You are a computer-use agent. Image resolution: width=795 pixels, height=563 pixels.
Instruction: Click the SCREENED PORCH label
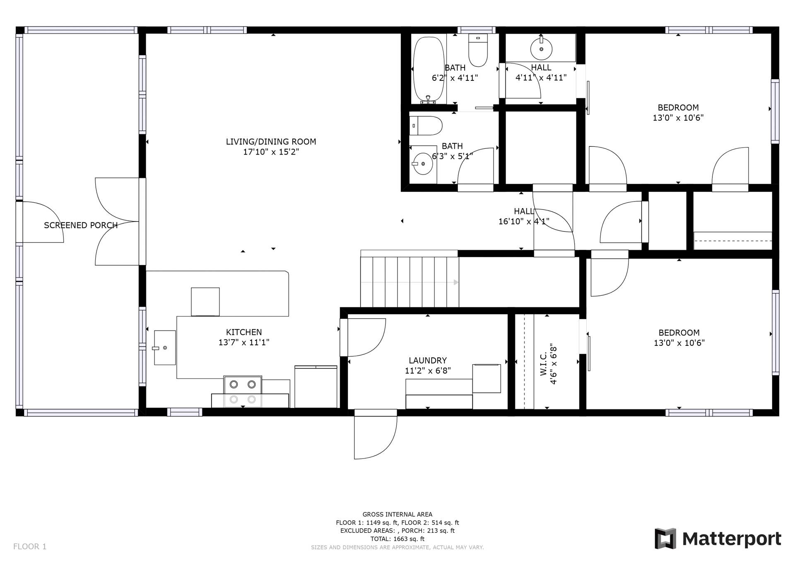[x=81, y=225]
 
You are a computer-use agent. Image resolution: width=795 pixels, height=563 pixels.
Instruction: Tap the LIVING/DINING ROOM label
[x=271, y=142]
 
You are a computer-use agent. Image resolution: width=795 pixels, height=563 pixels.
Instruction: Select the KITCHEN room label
[x=244, y=332]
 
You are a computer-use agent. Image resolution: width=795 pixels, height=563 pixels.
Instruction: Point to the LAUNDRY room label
[x=428, y=361]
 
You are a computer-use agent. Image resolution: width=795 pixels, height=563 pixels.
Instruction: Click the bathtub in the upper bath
[x=429, y=70]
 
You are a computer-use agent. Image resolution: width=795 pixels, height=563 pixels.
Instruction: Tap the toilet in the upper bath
[x=478, y=50]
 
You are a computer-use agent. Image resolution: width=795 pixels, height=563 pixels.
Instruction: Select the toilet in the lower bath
[x=426, y=126]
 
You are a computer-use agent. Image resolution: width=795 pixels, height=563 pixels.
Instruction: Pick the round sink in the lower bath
[x=423, y=163]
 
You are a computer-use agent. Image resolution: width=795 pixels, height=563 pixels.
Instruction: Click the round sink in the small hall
[x=541, y=49]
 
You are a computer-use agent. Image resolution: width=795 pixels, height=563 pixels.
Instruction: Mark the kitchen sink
[x=165, y=347]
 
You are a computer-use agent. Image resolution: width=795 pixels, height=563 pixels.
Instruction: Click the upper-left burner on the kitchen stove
[x=234, y=384]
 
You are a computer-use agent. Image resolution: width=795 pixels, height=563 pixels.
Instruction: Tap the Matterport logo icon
[x=665, y=539]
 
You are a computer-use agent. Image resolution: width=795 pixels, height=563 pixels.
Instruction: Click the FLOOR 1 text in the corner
[x=30, y=546]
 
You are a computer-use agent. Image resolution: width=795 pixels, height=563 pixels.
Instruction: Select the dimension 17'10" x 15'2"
[x=271, y=152]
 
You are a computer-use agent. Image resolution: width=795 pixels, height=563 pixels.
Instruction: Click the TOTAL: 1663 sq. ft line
[x=397, y=539]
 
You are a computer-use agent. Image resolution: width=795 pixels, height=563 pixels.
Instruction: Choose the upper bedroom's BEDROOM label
[x=678, y=107]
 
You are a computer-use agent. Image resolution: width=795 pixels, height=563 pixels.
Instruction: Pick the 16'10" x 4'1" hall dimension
[x=524, y=221]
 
